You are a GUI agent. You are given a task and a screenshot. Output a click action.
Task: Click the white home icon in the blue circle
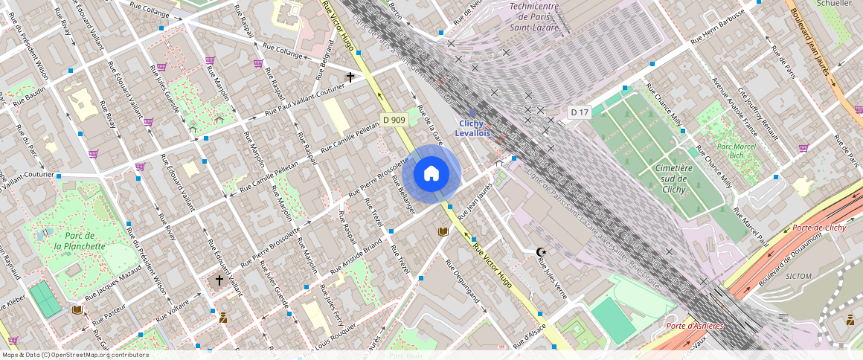(x=431, y=174)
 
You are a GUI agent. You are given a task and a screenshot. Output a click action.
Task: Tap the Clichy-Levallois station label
(x=473, y=128)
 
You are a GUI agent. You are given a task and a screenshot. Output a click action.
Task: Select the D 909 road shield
(x=394, y=120)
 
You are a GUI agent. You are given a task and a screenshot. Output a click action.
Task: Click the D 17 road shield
(x=580, y=112)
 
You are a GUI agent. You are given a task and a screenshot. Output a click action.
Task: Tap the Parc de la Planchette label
(x=79, y=240)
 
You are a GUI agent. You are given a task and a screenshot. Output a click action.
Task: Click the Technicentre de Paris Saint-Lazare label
(x=534, y=16)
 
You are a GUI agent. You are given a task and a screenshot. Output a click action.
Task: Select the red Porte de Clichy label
(x=819, y=228)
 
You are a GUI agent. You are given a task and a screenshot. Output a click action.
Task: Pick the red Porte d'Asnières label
(x=696, y=326)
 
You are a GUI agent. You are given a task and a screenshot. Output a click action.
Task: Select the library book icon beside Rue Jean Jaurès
(x=443, y=232)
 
